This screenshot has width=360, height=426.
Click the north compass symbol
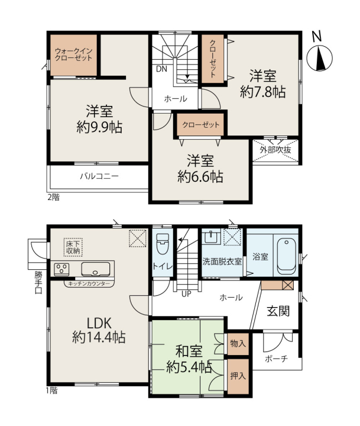coord(319,54)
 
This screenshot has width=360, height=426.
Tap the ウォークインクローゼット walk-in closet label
coord(73,54)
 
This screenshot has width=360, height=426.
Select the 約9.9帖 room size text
coord(99,127)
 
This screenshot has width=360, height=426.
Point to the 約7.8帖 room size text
coord(263,92)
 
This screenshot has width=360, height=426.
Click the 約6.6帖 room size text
coord(200,176)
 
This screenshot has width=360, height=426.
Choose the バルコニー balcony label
coord(99,176)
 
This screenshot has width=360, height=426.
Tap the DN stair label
coord(161,69)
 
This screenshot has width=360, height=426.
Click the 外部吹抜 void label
coord(275,150)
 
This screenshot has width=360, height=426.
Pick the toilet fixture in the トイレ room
coord(163,244)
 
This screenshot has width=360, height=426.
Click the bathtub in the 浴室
coord(287,256)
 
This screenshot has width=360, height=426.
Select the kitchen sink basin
coord(96,269)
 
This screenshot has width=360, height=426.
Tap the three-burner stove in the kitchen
coord(61,269)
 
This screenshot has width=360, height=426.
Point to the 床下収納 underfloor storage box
coord(73,247)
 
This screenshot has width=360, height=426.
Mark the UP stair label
coord(186,294)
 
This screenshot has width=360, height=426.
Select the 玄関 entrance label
coord(278,311)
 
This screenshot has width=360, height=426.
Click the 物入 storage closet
coord(238,344)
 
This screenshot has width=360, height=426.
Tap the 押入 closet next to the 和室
coord(238,376)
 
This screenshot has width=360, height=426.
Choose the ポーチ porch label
coord(276,359)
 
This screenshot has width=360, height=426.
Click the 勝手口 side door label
coord(38,283)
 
